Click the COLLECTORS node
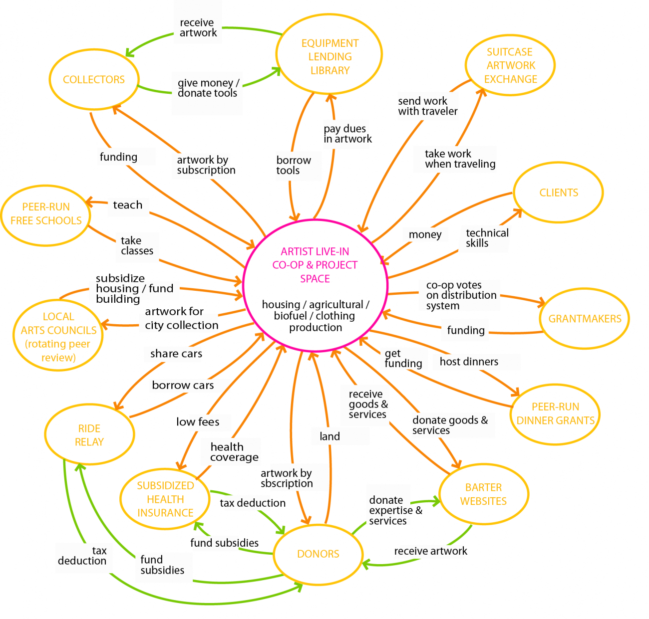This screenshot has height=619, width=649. click(94, 80)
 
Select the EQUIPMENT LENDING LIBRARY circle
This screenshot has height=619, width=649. click(329, 56)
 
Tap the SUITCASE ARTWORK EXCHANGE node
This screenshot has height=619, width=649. click(510, 65)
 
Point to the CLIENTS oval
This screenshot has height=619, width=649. click(558, 193)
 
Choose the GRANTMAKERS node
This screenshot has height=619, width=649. click(585, 319)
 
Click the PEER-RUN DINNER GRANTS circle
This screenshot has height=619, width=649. click(555, 413)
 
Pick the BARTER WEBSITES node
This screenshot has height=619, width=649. click(483, 494)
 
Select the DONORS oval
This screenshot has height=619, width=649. click(318, 554)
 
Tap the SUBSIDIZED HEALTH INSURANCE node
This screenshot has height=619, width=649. click(165, 499)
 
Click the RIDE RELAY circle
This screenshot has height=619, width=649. click(89, 435)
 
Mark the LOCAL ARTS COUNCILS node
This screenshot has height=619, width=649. click(58, 337)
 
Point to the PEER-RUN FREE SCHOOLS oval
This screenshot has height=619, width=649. click(46, 213)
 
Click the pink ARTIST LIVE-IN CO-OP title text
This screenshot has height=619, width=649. click(315, 265)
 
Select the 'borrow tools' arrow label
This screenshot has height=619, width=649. click(294, 165)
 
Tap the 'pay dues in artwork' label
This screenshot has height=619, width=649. click(347, 134)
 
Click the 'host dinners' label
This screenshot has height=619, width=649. click(469, 362)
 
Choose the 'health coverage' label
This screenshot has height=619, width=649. click(234, 452)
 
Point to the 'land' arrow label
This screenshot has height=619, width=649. click(329, 436)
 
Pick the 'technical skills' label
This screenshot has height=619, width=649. click(487, 238)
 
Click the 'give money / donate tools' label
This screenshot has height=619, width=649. click(208, 88)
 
